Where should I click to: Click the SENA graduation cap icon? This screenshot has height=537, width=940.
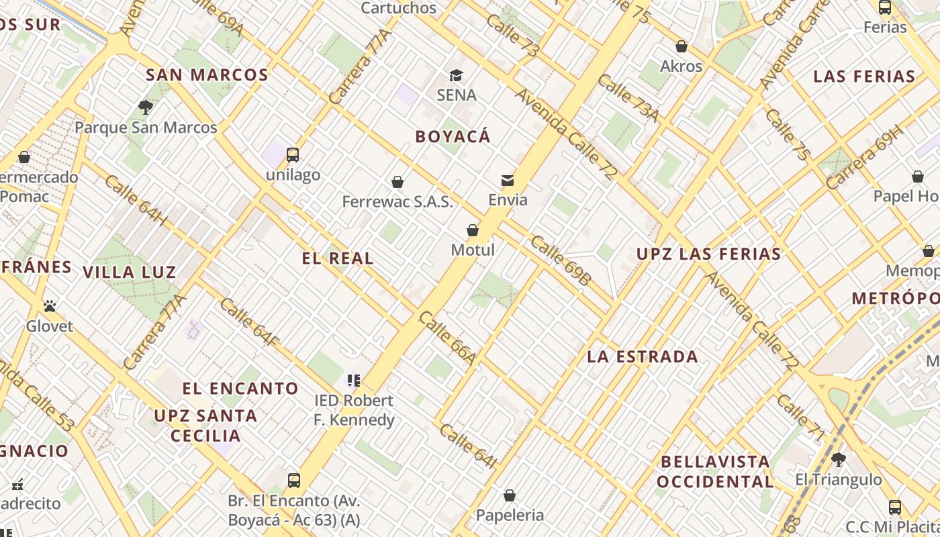pyautogui.click(x=456, y=75)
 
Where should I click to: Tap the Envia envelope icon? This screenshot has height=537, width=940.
pyautogui.click(x=508, y=180)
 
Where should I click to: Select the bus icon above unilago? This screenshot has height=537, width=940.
pyautogui.click(x=293, y=154)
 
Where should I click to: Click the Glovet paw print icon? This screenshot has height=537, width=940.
pyautogui.click(x=50, y=306)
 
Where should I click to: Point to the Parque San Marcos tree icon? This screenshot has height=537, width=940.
pyautogui.click(x=145, y=107)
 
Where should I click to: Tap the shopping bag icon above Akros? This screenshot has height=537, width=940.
pyautogui.click(x=681, y=46)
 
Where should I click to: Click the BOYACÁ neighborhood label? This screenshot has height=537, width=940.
pyautogui.click(x=453, y=137)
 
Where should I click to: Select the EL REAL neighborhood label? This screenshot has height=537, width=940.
pyautogui.click(x=338, y=258)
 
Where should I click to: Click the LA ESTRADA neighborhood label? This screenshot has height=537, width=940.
pyautogui.click(x=643, y=356)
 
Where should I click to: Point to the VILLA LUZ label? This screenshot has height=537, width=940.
pyautogui.click(x=130, y=272)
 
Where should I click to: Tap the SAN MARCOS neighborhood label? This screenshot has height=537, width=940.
pyautogui.click(x=207, y=75)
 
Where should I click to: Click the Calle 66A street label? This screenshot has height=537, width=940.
pyautogui.click(x=448, y=338)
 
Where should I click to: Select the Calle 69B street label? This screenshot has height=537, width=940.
pyautogui.click(x=560, y=260)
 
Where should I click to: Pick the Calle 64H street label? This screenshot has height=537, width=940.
pyautogui.click(x=136, y=199)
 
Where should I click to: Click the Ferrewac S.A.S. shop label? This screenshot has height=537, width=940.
pyautogui.click(x=397, y=201)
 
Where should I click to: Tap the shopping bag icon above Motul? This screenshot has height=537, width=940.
pyautogui.click(x=473, y=230)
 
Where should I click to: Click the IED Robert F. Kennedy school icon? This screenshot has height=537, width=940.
pyautogui.click(x=354, y=381)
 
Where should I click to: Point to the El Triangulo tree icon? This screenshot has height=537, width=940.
pyautogui.click(x=838, y=460)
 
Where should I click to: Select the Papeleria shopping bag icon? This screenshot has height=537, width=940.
pyautogui.click(x=510, y=495)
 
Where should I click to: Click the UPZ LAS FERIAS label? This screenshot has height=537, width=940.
pyautogui.click(x=709, y=254)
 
